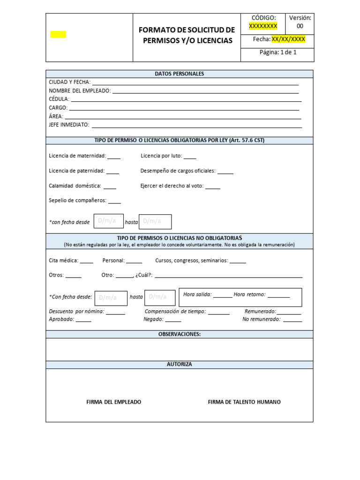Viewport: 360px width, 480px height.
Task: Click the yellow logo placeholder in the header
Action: pyautogui.click(x=58, y=34)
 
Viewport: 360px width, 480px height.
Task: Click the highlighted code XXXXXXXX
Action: pyautogui.click(x=263, y=26)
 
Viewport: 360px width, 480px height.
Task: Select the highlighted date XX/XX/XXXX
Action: pyautogui.click(x=288, y=39)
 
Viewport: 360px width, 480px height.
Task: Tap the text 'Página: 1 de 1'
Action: pyautogui.click(x=278, y=52)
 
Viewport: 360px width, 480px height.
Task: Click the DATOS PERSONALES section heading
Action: pyautogui.click(x=180, y=74)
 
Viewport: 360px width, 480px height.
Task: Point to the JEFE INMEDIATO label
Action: pyautogui.click(x=68, y=125)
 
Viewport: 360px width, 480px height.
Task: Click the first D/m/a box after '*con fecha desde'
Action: pyautogui.click(x=108, y=221)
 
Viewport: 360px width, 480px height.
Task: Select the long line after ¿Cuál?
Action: pyautogui.click(x=228, y=277)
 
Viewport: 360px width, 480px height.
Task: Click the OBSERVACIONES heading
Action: pyautogui.click(x=180, y=334)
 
